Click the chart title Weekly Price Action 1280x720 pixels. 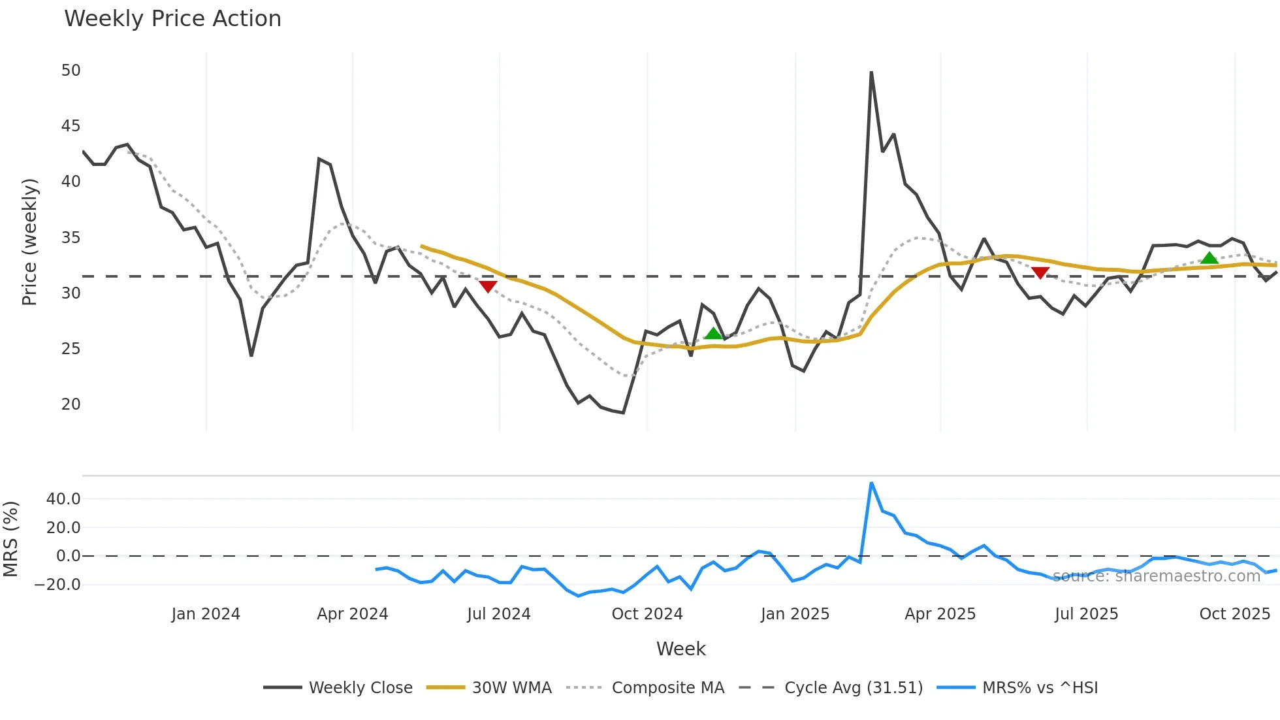point(172,19)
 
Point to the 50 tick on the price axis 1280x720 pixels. point(71,71)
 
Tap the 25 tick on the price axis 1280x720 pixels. point(71,349)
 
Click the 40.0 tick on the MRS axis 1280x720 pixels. point(63,499)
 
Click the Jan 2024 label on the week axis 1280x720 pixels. point(206,614)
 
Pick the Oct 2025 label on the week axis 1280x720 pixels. point(1234,614)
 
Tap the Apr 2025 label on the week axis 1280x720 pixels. point(940,614)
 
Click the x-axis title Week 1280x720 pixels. point(680,649)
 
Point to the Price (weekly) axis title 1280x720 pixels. point(29,242)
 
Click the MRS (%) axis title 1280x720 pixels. point(11,539)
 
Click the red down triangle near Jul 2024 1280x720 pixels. point(488,286)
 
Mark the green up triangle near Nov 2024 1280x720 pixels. point(713,334)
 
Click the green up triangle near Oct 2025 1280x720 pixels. point(1209,258)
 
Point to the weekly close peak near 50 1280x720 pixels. point(871,73)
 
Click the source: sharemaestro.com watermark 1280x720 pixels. point(1156,576)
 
